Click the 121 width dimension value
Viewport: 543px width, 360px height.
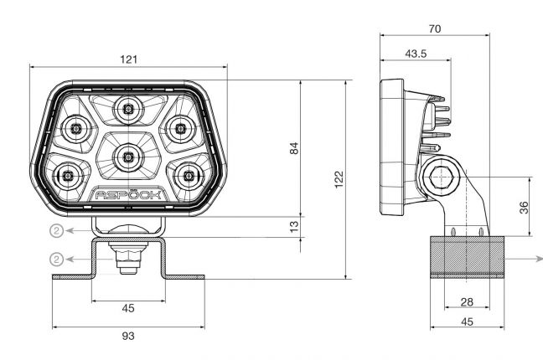(x=128, y=59)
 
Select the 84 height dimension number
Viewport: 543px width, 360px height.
(x=294, y=148)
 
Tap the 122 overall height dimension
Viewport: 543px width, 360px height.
(x=339, y=180)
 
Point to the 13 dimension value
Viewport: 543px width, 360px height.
(x=294, y=225)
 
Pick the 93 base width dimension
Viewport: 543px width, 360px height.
(x=128, y=336)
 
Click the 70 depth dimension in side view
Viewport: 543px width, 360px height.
(x=434, y=28)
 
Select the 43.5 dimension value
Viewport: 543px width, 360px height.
(x=415, y=54)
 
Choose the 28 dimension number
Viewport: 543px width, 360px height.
(x=467, y=302)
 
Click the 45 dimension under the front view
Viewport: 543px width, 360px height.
(x=128, y=308)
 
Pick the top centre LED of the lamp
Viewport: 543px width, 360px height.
(x=128, y=107)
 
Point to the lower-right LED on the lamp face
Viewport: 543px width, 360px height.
(x=189, y=176)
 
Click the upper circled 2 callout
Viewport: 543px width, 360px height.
(x=56, y=229)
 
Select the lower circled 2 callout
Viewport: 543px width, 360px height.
(x=56, y=259)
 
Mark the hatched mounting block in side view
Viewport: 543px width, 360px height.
(x=467, y=256)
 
